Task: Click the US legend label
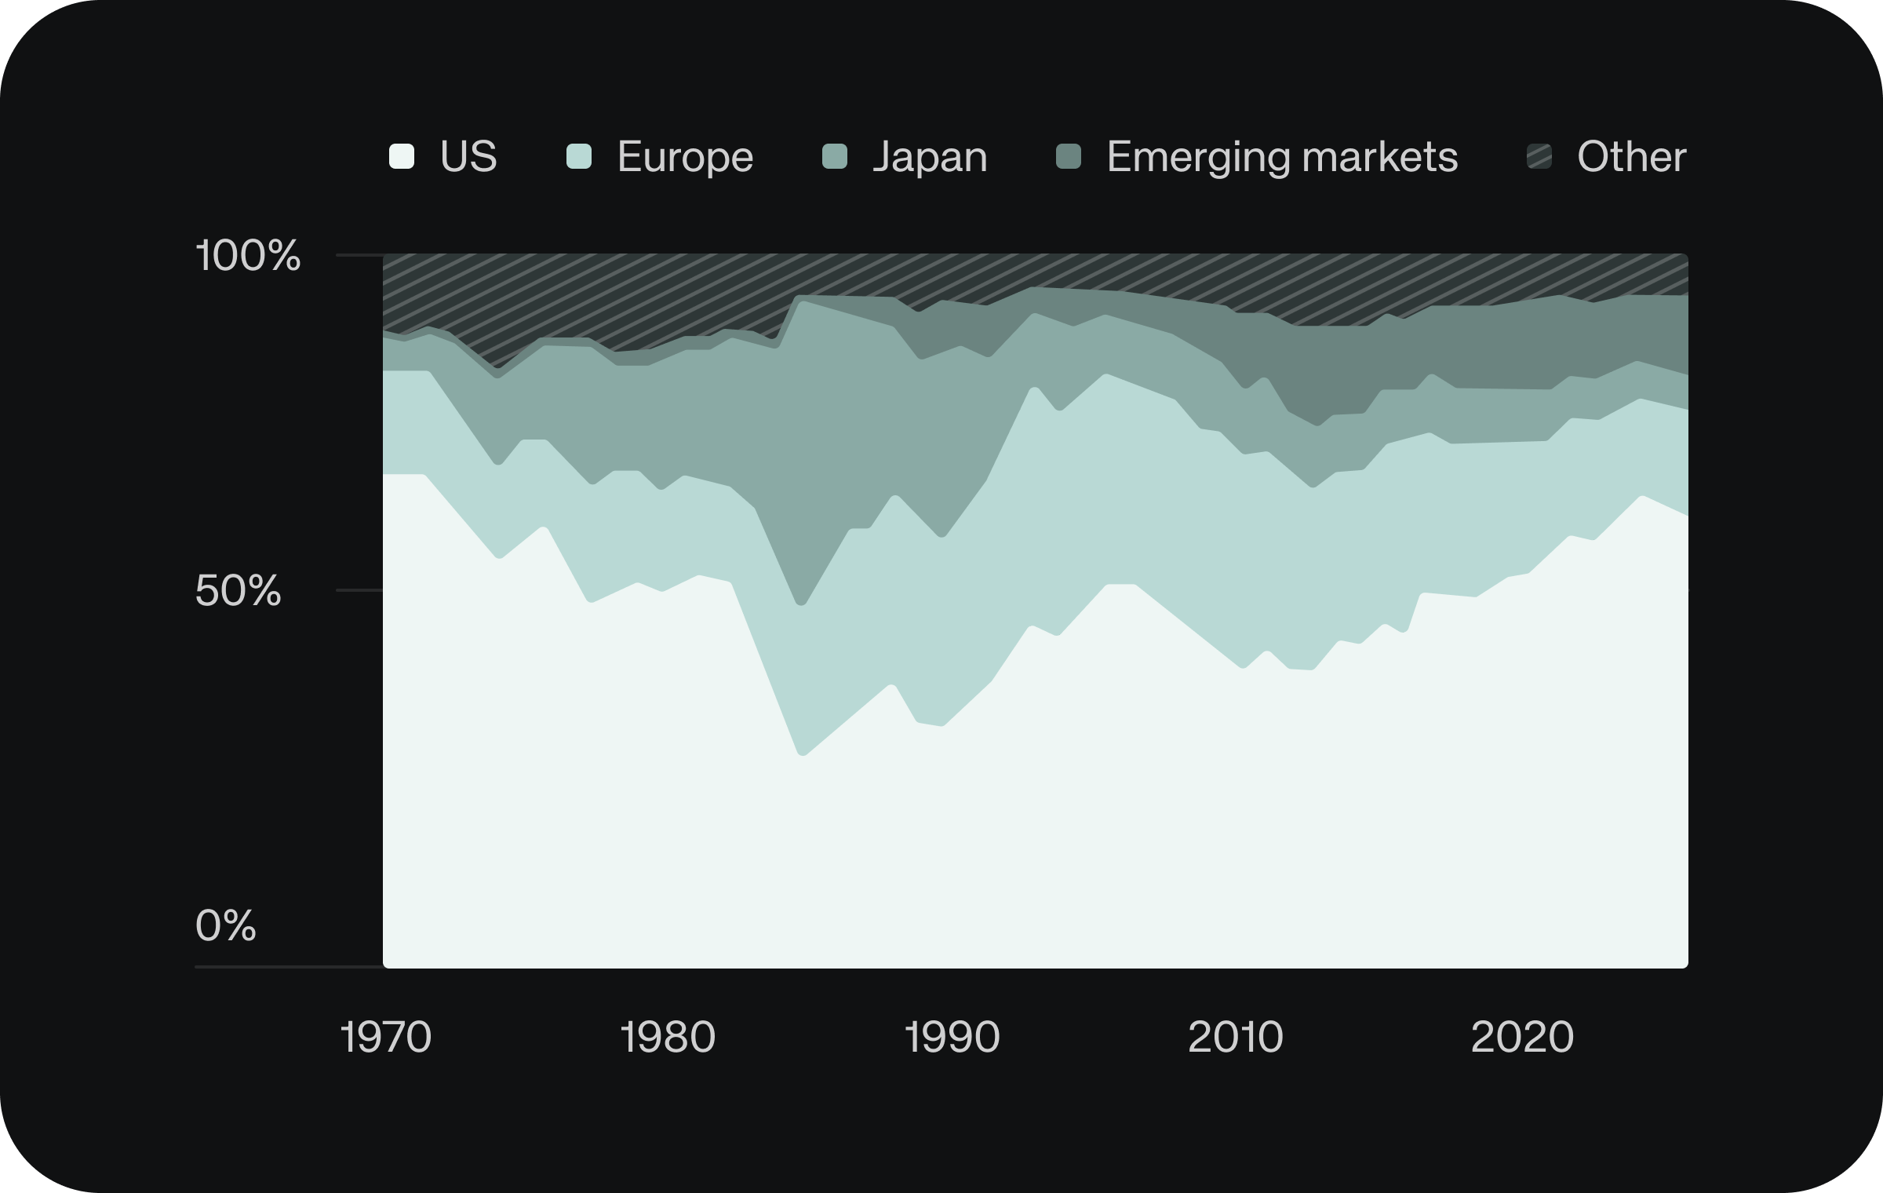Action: [x=468, y=156]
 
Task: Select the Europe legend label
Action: [x=685, y=157]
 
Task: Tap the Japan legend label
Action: [x=930, y=157]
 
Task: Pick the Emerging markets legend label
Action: [x=1282, y=157]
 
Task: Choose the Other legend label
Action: [x=1631, y=156]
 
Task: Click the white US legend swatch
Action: [x=402, y=156]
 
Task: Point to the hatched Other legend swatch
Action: [x=1539, y=156]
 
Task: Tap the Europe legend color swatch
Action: [x=579, y=156]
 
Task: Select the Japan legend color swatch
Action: [x=835, y=156]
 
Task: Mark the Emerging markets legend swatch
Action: [x=1069, y=156]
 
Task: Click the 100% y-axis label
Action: [x=248, y=255]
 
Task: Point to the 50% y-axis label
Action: [x=238, y=590]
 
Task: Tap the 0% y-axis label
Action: [x=226, y=925]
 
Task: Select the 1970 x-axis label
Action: [x=385, y=1037]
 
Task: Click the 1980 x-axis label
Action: [x=668, y=1037]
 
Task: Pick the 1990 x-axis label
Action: [x=952, y=1037]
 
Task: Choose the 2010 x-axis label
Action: [x=1236, y=1037]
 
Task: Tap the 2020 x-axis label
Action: [x=1522, y=1037]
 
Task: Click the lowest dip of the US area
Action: [x=802, y=755]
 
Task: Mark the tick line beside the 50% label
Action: [x=359, y=589]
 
